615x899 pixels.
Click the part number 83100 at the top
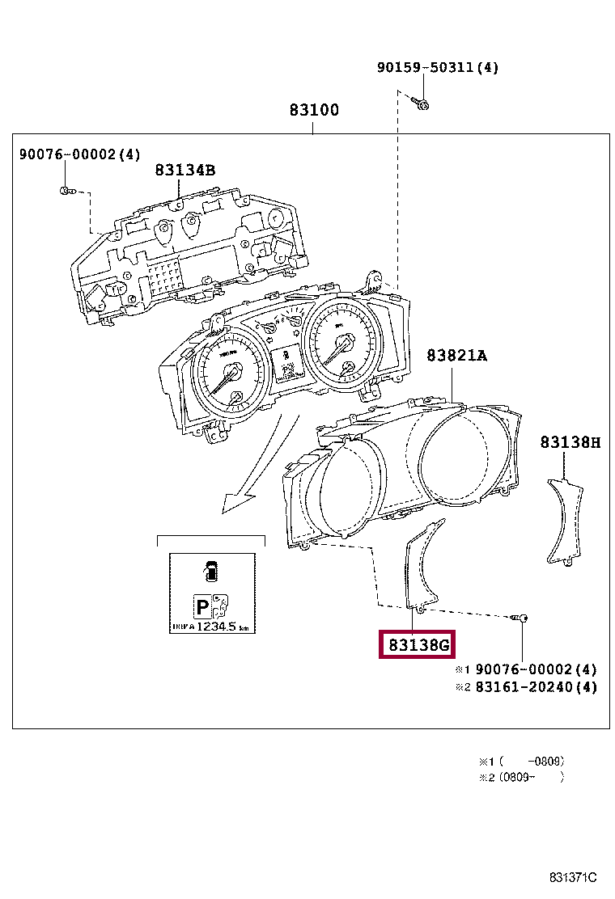[x=314, y=110]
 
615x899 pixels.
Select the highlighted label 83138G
[x=418, y=645]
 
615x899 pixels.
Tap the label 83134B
[x=185, y=171]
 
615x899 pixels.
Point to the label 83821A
[x=457, y=355]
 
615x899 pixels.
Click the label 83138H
[x=570, y=442]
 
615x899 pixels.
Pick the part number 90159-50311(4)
[x=437, y=68]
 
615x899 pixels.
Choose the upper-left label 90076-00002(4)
[x=79, y=154]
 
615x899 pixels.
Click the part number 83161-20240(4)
[x=536, y=688]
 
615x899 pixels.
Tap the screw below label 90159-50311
[x=421, y=103]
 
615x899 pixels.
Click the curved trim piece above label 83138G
[x=422, y=566]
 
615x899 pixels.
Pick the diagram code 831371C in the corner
[x=572, y=878]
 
